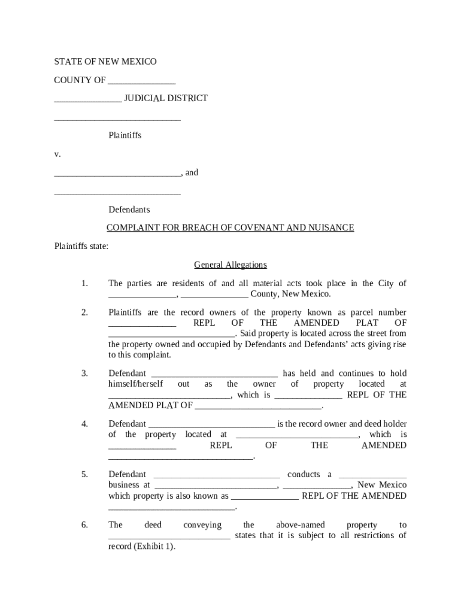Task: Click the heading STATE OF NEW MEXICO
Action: (105, 62)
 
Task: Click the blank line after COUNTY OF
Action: (141, 81)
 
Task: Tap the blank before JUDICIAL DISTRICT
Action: (87, 99)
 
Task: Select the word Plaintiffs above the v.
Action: (125, 135)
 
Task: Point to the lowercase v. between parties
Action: (57, 154)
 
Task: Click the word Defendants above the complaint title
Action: (129, 210)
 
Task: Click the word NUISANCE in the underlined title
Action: (331, 227)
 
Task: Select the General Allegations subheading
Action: (230, 265)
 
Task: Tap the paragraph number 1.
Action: (84, 283)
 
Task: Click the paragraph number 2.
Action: (84, 312)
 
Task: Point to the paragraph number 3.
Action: (84, 374)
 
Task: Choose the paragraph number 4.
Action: (84, 424)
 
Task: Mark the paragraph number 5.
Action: (84, 474)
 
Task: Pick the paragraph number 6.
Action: (84, 525)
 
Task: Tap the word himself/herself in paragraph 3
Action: (135, 384)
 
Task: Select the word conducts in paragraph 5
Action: (304, 474)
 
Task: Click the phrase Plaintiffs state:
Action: (81, 246)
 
